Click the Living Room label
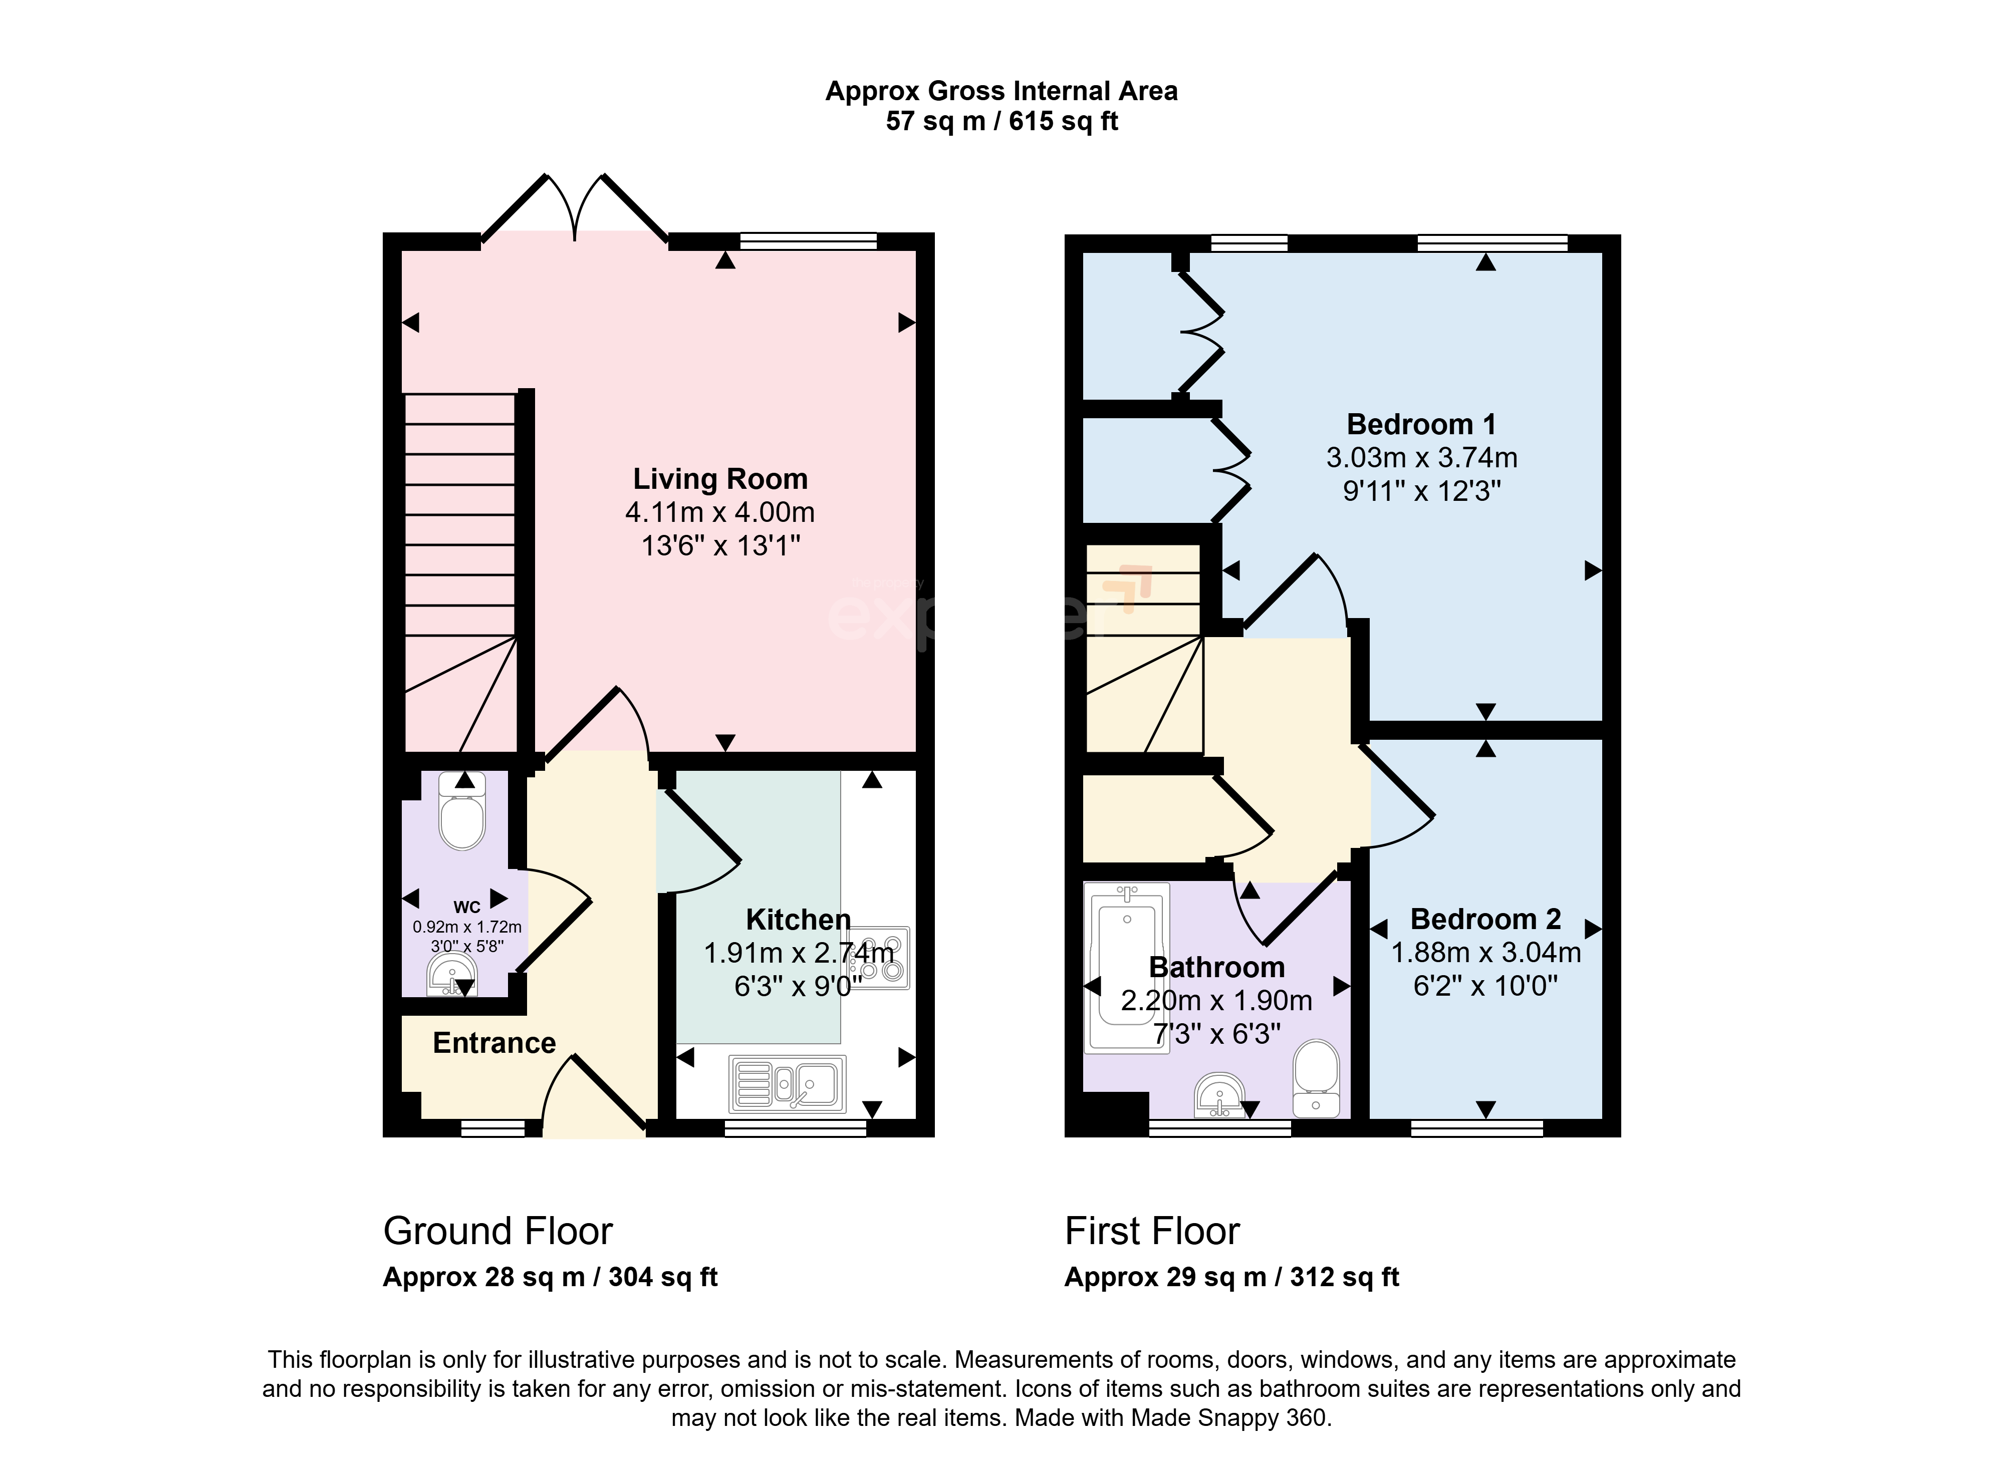pos(720,479)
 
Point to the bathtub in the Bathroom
pos(1127,967)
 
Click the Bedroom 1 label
pos(1421,424)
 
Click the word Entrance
pos(494,1043)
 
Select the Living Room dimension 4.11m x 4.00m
pos(720,512)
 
